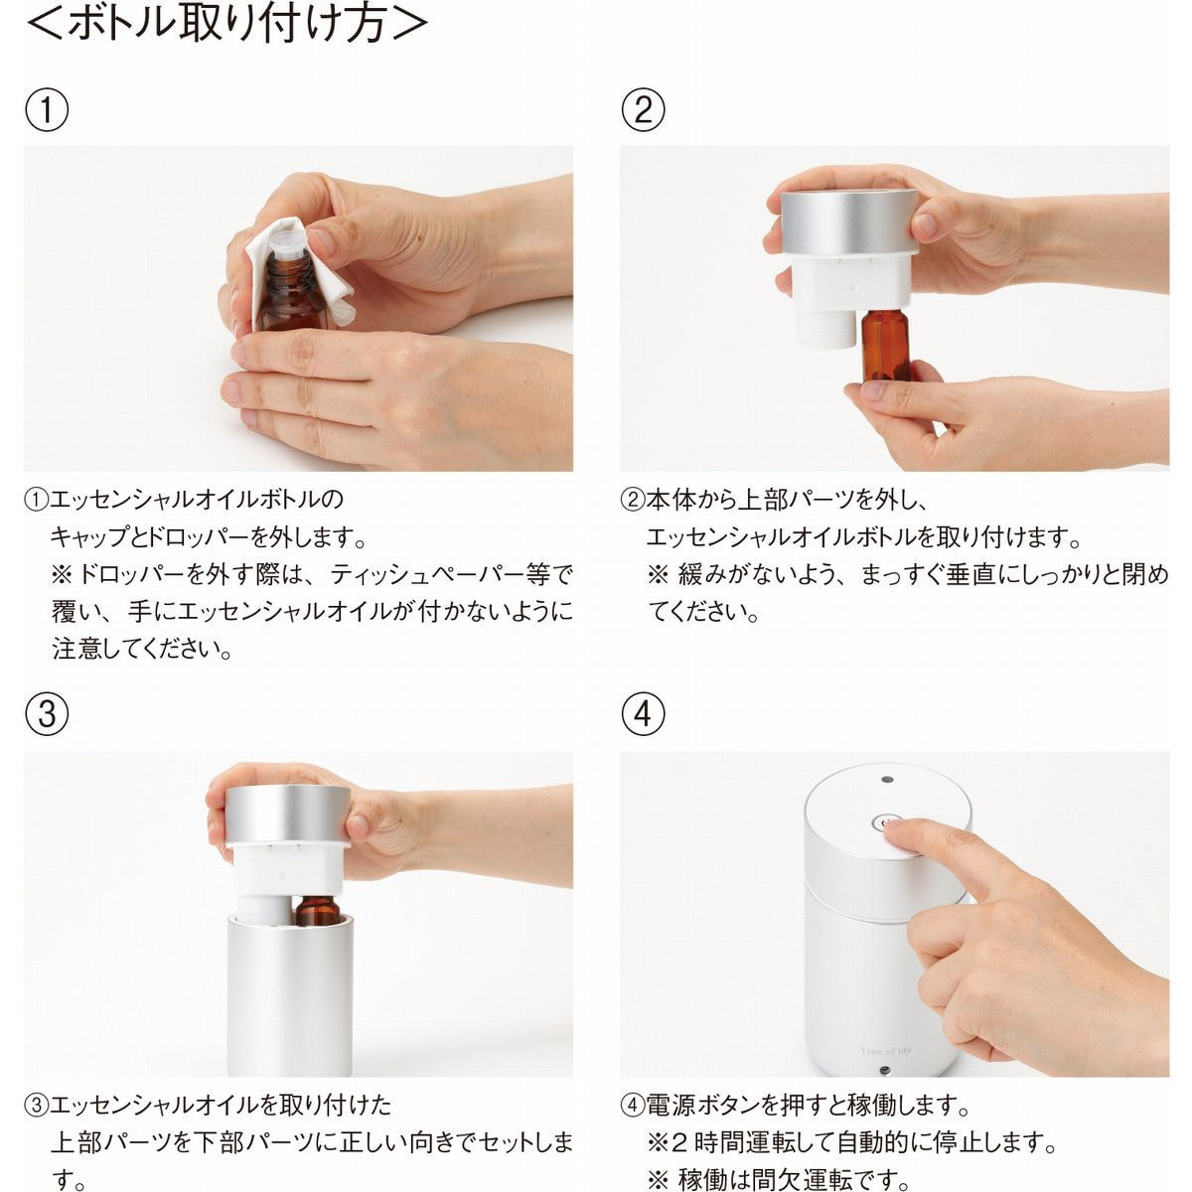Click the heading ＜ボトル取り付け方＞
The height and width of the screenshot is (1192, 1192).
pos(226,24)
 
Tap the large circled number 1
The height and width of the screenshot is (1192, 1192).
pos(47,110)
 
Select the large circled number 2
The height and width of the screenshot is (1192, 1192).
pos(643,110)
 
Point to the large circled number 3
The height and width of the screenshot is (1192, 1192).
pos(47,714)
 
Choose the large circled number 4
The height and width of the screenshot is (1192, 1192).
pos(643,714)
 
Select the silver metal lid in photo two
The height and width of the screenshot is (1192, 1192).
pos(849,221)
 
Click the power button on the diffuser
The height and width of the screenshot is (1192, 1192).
pos(882,823)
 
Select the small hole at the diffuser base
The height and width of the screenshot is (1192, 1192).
pos(886,1068)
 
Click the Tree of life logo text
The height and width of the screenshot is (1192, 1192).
pos(886,1051)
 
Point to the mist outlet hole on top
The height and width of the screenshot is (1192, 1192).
pos(887,780)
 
